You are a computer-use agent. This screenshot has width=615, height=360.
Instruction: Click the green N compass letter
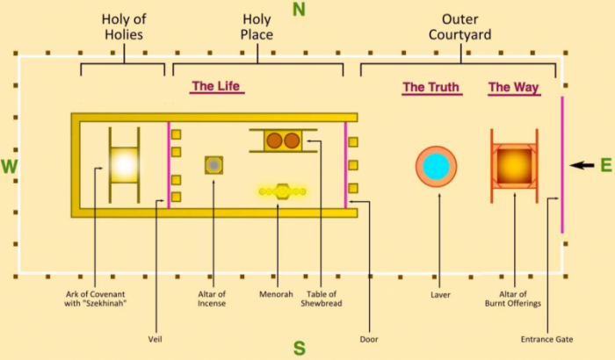(299, 10)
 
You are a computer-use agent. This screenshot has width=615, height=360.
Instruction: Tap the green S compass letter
(300, 348)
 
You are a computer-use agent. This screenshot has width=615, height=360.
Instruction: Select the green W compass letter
(9, 167)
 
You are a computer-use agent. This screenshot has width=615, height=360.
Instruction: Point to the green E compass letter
(606, 165)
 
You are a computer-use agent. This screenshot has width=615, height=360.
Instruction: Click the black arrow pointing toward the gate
(582, 165)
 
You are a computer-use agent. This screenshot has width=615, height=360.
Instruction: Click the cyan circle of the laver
(436, 167)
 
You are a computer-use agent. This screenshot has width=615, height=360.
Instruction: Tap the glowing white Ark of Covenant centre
(125, 165)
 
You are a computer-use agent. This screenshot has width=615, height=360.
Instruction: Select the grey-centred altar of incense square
(213, 165)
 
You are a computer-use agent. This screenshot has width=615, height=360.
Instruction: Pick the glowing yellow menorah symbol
(282, 191)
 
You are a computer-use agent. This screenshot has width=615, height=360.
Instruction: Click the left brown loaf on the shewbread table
(274, 140)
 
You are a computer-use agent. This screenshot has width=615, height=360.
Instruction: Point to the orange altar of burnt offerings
(514, 166)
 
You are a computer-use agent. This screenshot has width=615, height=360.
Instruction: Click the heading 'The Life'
(216, 86)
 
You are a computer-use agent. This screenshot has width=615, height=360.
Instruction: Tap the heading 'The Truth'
(431, 87)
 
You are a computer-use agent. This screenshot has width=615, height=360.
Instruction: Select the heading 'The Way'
(514, 87)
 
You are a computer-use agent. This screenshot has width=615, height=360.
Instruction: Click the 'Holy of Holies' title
(124, 26)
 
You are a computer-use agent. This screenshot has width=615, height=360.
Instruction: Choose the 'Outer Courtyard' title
(460, 26)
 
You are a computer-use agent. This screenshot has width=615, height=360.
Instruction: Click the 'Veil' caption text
(155, 339)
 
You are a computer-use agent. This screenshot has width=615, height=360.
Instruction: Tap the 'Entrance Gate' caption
(546, 339)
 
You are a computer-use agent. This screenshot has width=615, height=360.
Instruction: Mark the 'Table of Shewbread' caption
(322, 299)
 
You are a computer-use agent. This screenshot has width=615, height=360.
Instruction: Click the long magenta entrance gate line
(562, 165)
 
